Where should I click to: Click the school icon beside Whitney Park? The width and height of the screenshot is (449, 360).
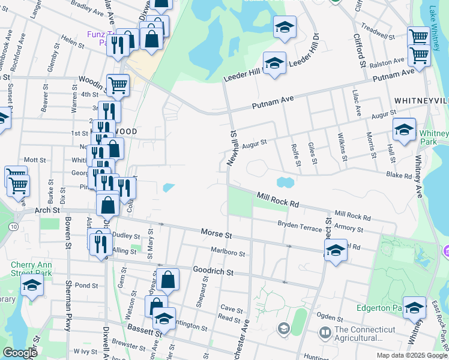coord(404,130)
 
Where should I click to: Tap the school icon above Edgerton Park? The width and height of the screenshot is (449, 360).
coord(414,307)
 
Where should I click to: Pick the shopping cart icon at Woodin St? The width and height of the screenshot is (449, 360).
coord(118,85)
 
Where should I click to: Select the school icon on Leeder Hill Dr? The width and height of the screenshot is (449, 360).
coord(274,63)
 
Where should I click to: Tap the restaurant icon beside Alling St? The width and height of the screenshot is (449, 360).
coord(100,242)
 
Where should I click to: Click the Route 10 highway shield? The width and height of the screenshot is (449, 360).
coord(13,226)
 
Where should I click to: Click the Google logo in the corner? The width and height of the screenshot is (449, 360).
coord(20,353)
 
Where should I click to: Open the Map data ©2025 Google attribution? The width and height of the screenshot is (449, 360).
coord(411,355)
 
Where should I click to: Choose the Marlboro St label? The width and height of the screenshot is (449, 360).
coord(228,253)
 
